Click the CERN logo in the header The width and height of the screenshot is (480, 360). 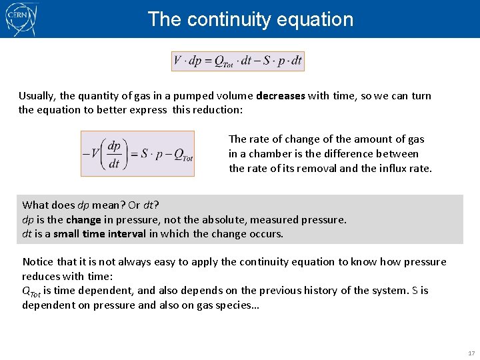pos(21,19)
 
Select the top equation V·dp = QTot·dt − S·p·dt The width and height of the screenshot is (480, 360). pos(238,61)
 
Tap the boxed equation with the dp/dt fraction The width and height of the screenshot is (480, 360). pos(137,153)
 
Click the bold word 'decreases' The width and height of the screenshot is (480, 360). pos(280,95)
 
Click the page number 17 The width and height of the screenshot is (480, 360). pos(471,353)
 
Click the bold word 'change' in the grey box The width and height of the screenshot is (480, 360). pos(83,219)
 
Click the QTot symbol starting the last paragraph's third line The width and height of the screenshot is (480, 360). pos(31,291)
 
